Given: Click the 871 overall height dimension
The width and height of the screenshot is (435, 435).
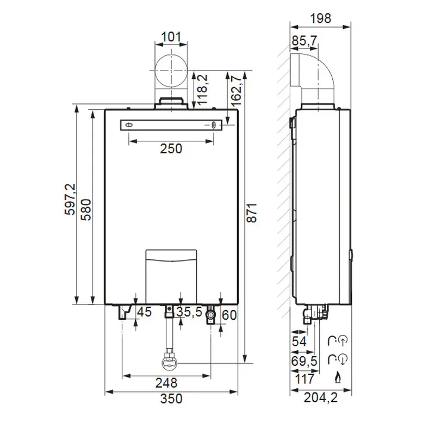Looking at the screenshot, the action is [252, 213].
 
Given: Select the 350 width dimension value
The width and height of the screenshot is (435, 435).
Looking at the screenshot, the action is [171, 399].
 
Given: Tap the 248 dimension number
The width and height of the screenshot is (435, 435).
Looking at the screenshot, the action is [166, 383].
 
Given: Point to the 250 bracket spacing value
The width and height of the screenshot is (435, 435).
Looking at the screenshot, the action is [171, 148].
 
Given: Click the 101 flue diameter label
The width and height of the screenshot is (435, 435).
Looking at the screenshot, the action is [171, 36].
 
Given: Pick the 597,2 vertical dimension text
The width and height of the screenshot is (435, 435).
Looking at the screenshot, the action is [70, 199].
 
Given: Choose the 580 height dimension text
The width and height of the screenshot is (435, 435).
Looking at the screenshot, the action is [86, 210].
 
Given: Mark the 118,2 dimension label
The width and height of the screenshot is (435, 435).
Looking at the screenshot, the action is [203, 89].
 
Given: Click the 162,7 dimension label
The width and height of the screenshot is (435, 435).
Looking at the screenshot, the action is [236, 91].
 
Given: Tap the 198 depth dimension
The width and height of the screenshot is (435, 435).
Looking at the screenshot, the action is [320, 18].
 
